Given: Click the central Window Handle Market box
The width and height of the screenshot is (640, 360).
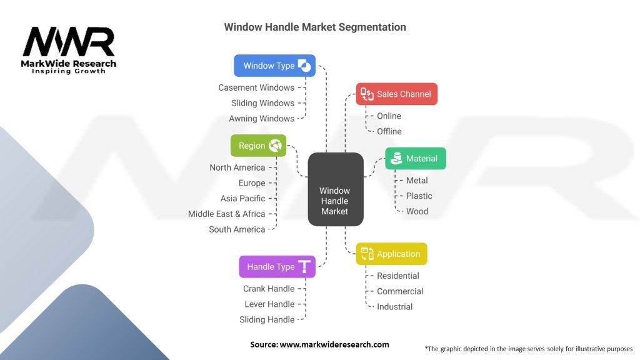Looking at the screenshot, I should (x=336, y=189).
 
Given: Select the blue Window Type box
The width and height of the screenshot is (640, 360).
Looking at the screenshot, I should (x=274, y=66).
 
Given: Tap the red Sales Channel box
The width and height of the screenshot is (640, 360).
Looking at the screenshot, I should (x=397, y=94).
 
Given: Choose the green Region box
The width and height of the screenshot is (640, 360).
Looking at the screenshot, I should (x=258, y=146).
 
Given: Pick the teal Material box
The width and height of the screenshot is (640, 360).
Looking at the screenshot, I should (x=416, y=159).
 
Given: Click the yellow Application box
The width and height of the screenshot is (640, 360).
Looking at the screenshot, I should (x=392, y=254).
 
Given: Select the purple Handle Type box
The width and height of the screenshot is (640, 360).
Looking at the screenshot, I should (x=277, y=267).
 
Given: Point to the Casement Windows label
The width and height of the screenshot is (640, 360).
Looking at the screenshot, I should (x=256, y=87).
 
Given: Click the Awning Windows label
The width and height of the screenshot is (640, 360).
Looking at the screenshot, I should (x=261, y=118).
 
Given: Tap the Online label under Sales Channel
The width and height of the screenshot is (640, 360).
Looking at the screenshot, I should (x=389, y=116).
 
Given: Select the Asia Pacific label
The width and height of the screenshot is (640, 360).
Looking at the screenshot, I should (x=242, y=198).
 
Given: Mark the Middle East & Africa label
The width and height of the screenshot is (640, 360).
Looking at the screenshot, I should (x=227, y=214).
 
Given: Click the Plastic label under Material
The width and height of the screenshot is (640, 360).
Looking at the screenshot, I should (x=419, y=196).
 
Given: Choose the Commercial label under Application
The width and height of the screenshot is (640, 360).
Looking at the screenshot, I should (x=400, y=291).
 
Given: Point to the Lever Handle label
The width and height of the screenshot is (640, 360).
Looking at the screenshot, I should (x=269, y=304).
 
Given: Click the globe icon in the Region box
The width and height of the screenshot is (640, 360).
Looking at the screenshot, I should (x=275, y=146).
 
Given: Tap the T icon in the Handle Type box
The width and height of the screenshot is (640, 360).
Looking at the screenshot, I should (x=304, y=267).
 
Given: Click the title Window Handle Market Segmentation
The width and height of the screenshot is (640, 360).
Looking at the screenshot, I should (x=315, y=27).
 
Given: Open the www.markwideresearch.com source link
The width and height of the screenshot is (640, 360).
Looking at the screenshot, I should (x=334, y=344).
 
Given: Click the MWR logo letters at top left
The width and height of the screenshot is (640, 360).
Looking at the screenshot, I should (x=69, y=42).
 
